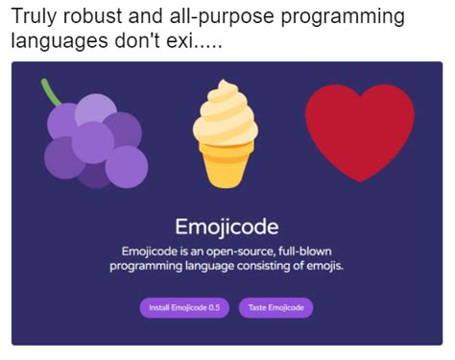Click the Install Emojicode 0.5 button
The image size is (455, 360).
pos(184,307)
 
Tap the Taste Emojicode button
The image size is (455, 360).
pos(275,307)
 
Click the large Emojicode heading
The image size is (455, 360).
pos(227,227)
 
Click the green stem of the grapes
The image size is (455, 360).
pos(53,92)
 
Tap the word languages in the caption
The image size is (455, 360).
pos(54,44)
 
